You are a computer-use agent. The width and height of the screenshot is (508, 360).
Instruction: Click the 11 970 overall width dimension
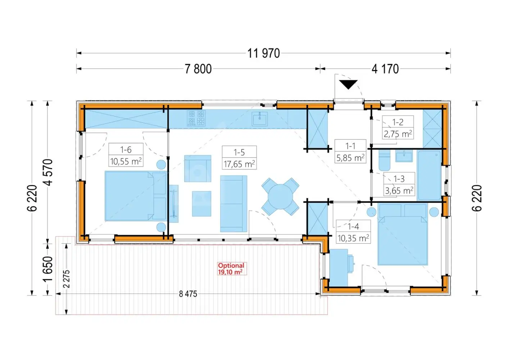[x=263, y=53]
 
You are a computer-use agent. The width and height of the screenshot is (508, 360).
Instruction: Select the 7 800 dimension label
[x=198, y=69]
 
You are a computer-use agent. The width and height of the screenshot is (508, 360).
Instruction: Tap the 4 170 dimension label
[x=385, y=69]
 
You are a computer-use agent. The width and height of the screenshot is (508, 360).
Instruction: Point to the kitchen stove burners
[x=196, y=118]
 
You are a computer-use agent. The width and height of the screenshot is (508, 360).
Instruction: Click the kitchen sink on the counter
[x=259, y=118]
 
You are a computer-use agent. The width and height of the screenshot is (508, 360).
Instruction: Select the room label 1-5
[x=239, y=152]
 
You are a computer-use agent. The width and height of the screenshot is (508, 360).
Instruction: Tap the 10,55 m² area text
[x=126, y=161]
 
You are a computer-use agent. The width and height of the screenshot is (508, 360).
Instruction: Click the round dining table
[x=280, y=197]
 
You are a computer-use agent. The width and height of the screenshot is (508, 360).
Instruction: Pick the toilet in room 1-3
[x=384, y=160]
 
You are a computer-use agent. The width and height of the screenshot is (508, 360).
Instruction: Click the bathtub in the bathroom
[x=429, y=175]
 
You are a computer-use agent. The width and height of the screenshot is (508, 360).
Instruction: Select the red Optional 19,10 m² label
[x=231, y=269]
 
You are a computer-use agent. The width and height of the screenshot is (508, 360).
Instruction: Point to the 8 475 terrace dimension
[x=188, y=294]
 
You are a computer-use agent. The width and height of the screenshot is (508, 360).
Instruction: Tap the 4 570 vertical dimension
[x=49, y=172]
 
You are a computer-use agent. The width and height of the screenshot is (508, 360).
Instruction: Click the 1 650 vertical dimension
[x=49, y=269]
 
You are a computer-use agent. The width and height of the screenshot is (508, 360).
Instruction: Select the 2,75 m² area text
[x=398, y=134]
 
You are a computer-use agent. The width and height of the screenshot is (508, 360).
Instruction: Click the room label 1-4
[x=353, y=226]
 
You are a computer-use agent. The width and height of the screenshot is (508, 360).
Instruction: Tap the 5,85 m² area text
[x=350, y=158]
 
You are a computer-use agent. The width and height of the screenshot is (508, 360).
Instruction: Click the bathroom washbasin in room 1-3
[x=404, y=156]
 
